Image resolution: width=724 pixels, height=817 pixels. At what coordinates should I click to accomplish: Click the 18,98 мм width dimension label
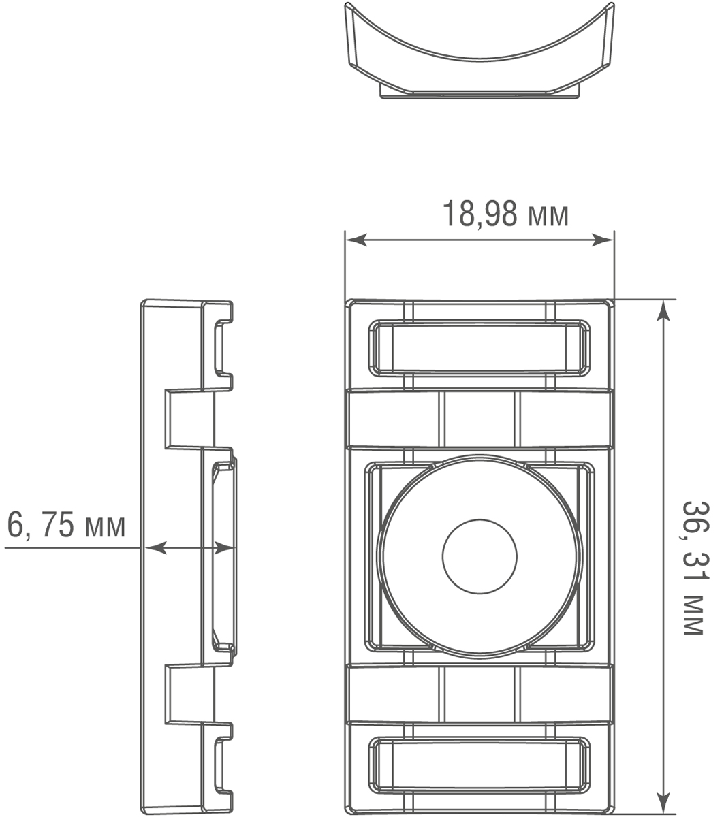[x=505, y=214]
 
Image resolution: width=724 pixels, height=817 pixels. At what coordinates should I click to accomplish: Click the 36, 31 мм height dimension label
[x=694, y=568]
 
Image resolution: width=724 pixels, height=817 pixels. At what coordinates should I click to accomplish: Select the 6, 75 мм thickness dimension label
[x=66, y=525]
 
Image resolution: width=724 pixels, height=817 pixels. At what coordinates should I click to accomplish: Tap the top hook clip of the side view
[x=223, y=347]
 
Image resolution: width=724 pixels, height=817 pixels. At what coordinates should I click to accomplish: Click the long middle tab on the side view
[x=225, y=556]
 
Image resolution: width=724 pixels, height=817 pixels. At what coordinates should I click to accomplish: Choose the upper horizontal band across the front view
[x=479, y=419]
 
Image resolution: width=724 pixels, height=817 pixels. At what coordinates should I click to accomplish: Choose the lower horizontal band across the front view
[x=479, y=693]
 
